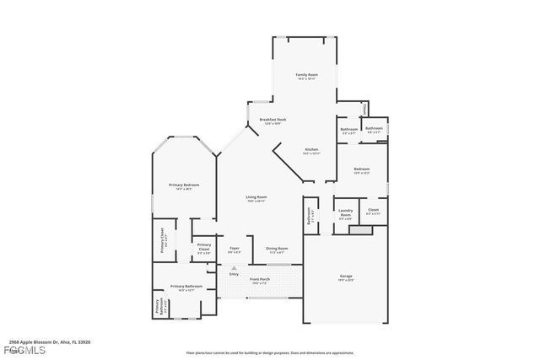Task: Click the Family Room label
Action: point(305,76)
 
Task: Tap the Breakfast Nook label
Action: point(273,121)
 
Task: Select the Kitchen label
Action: point(311,149)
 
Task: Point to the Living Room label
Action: point(256,196)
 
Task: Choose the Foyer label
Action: point(235,248)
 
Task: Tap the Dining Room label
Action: point(278,248)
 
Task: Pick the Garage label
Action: point(346,277)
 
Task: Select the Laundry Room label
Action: point(345,212)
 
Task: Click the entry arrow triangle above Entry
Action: point(234,267)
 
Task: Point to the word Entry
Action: point(234,275)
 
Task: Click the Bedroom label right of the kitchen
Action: point(361,169)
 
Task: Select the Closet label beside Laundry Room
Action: point(373,210)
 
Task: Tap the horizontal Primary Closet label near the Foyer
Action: point(204,246)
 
